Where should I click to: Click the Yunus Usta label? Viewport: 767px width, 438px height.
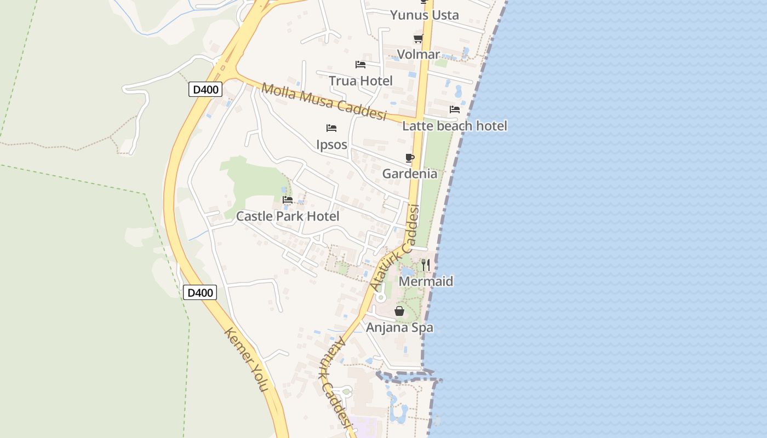click(x=424, y=15)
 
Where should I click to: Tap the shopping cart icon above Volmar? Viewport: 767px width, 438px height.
click(x=418, y=38)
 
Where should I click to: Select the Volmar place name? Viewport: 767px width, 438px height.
click(x=419, y=54)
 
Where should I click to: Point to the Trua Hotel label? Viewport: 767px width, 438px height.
click(x=360, y=81)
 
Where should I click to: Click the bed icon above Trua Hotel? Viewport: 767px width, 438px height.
click(x=360, y=65)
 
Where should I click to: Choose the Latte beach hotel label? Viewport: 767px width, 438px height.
click(x=455, y=126)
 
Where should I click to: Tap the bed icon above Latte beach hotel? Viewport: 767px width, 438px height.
click(x=455, y=109)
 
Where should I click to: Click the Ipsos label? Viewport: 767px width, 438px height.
click(x=331, y=145)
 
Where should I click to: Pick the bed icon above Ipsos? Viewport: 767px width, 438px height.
click(x=331, y=128)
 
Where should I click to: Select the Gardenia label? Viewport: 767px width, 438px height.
click(x=410, y=174)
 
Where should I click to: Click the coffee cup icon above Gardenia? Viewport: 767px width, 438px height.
click(x=410, y=158)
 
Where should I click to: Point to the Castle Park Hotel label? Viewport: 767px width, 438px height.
click(x=288, y=216)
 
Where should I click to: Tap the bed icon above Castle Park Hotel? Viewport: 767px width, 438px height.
click(x=288, y=200)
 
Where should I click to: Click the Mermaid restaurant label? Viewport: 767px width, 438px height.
click(x=426, y=281)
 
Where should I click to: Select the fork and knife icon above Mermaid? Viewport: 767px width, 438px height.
click(x=426, y=266)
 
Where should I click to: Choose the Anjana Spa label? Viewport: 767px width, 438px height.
click(x=399, y=327)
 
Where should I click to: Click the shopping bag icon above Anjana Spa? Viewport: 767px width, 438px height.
click(x=399, y=311)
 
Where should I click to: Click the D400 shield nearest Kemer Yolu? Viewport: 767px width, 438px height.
click(x=200, y=292)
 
